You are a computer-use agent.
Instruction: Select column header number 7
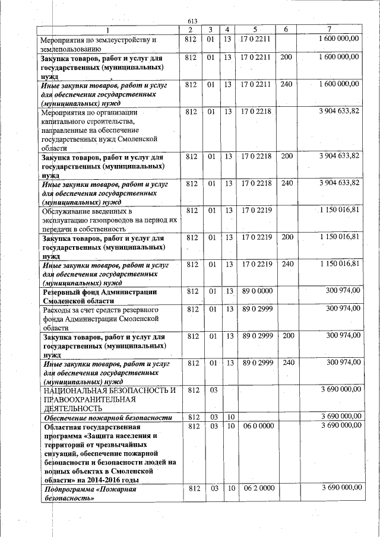point(330,30)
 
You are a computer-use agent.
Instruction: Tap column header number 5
point(254,30)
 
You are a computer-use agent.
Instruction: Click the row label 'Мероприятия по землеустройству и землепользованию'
point(99,44)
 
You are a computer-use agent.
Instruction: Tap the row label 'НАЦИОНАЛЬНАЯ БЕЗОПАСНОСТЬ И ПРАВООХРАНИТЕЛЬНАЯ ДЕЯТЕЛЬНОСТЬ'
point(107,399)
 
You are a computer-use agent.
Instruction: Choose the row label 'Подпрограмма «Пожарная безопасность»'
point(90,494)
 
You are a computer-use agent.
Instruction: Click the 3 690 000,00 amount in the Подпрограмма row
point(340,488)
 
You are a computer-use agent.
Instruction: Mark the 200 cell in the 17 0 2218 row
point(286,156)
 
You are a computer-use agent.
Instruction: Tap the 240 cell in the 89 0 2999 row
point(286,362)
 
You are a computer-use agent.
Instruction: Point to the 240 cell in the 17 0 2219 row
point(286,263)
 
